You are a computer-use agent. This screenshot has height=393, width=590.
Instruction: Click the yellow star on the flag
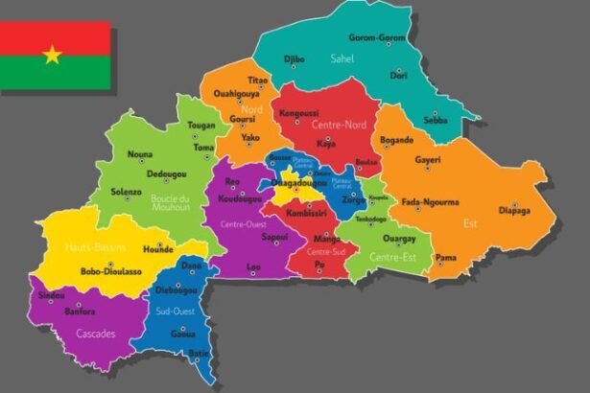click(x=52, y=55)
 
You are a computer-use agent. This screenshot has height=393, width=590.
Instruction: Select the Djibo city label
click(x=294, y=59)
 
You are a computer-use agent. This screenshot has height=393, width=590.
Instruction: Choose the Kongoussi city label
click(x=298, y=113)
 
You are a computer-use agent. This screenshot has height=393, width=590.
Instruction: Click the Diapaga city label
click(x=514, y=216)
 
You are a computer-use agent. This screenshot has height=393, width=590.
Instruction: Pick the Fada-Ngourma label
click(x=430, y=202)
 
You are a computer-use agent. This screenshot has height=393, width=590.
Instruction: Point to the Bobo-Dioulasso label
click(x=111, y=271)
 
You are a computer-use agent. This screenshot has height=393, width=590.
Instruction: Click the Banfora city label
click(x=80, y=312)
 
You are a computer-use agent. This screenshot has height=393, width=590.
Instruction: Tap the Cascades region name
click(x=97, y=334)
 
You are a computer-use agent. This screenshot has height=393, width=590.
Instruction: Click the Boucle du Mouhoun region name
click(x=173, y=203)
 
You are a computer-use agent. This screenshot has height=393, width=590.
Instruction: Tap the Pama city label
click(x=446, y=257)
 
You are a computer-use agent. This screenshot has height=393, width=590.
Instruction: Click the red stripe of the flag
click(x=55, y=36)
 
